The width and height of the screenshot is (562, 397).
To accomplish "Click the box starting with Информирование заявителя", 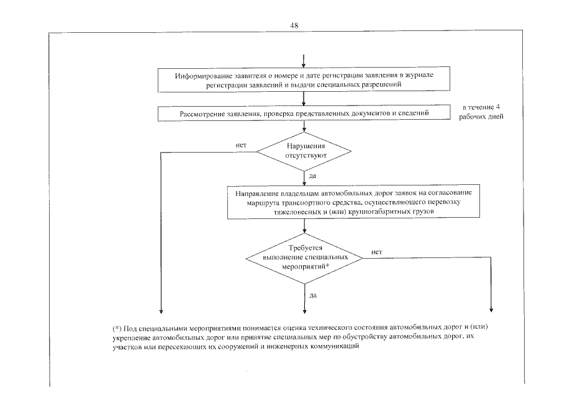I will pos(303,80).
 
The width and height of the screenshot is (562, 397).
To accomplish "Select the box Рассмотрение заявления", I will pos(303,114).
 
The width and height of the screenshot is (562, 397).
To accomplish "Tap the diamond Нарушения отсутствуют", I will pos(304,151).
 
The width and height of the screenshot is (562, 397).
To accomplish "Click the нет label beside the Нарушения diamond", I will pos(241,145).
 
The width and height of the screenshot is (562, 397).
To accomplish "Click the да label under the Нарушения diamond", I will pos(312,176).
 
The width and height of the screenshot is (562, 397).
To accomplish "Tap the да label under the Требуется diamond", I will pos(313,295).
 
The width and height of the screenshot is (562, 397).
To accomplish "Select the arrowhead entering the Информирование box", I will pos(304,66).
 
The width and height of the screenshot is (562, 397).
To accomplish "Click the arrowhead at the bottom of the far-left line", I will pos(161,310).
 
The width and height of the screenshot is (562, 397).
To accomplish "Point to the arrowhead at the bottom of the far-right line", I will pos(491,310).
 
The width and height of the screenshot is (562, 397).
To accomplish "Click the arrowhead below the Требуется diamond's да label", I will pos(304,310).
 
